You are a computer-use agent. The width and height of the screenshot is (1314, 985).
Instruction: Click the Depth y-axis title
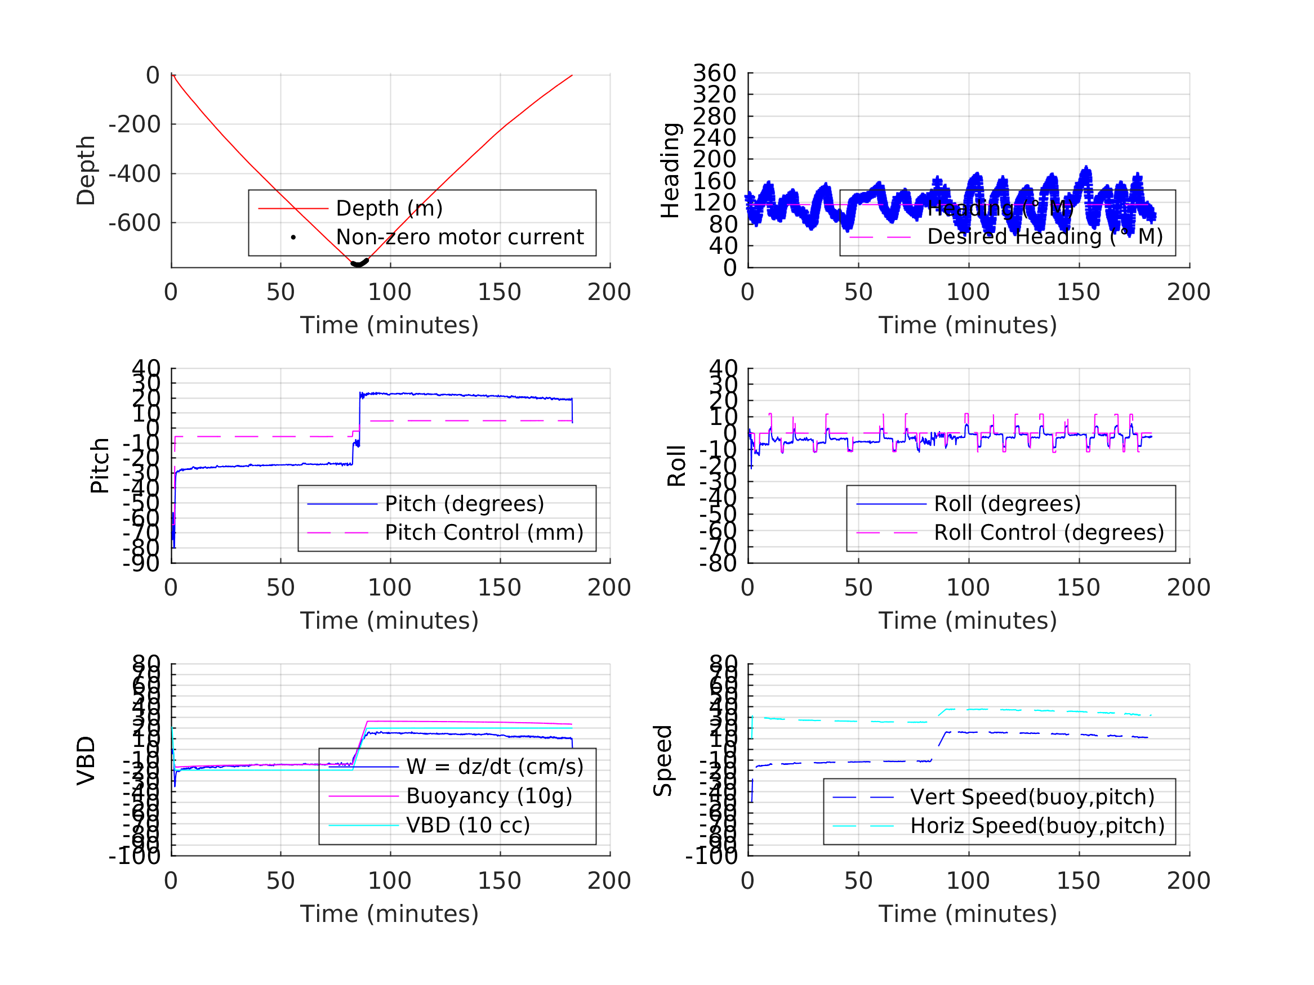pos(86,171)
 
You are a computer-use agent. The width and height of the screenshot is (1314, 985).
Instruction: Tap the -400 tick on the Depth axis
pos(134,174)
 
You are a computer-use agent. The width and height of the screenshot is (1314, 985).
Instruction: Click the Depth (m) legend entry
pos(389,208)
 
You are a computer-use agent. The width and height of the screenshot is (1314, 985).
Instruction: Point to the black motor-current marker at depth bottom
pos(359,263)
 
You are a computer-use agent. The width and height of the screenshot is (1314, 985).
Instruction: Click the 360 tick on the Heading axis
pos(714,73)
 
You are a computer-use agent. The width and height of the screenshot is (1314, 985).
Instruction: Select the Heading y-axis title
pos(670,171)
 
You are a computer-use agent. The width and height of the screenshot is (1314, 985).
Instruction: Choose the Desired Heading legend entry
pos(1044,237)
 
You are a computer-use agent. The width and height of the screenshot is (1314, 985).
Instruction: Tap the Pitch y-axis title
pos(100,465)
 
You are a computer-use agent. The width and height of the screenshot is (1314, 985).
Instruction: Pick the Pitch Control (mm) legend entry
pos(484,532)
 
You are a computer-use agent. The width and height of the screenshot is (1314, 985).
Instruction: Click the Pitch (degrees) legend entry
pos(464,504)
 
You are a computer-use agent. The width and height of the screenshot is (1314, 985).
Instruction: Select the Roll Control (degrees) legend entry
pos(1049,532)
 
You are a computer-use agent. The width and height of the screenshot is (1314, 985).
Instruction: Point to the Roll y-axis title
pos(676,465)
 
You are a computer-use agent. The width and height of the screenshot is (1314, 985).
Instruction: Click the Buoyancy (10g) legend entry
pos(489,796)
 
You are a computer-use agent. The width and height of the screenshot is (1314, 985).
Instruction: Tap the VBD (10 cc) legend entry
pos(467,825)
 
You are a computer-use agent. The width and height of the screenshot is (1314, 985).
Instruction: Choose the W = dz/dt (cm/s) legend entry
pos(495,767)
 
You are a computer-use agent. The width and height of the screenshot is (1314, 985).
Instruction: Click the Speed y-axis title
pos(662,760)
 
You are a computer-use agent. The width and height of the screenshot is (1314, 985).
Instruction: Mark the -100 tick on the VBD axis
pos(134,856)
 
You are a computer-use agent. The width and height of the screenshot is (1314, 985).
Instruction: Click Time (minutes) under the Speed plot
pos(968,914)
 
